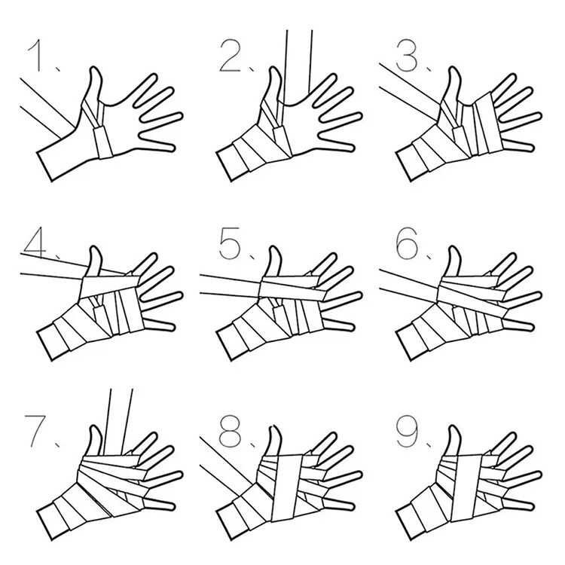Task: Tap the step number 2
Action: pos(231,56)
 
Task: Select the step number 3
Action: pos(407,56)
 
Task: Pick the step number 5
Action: pos(229,243)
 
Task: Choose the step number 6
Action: pos(407,243)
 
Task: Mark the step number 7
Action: pos(35,431)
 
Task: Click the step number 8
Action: pos(230,431)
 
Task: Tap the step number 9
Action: pos(407,431)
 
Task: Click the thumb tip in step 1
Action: pos(93,68)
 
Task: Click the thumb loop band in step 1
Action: pos(103,143)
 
